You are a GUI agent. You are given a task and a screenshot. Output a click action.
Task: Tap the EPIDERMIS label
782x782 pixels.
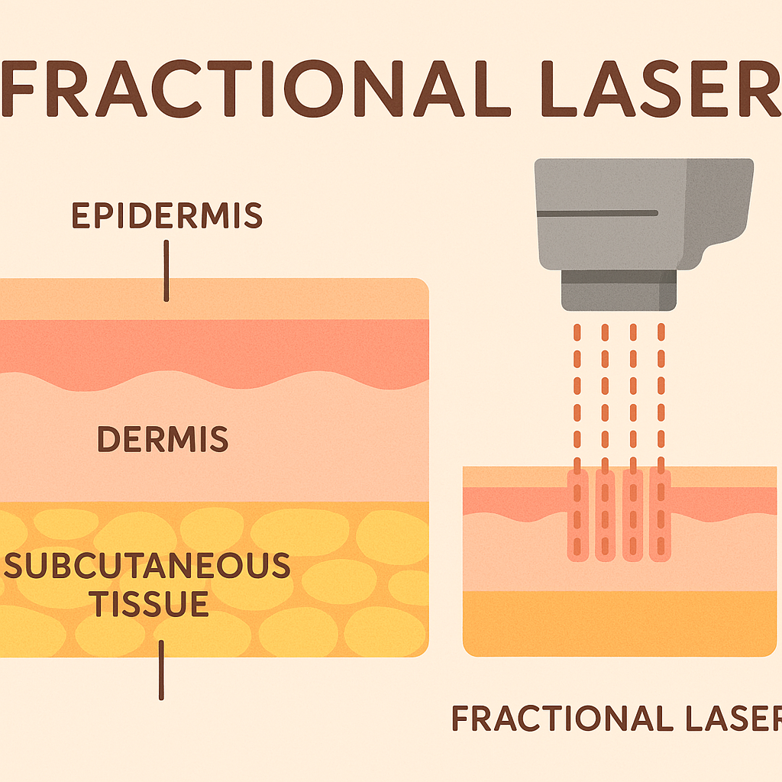pyautogui.click(x=167, y=217)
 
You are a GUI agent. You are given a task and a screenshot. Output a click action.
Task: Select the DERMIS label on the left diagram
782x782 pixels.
pyautogui.click(x=163, y=439)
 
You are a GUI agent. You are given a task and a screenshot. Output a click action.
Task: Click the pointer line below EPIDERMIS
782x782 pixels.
pyautogui.click(x=166, y=271)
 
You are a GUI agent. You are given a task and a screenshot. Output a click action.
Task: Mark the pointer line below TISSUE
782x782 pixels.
pyautogui.click(x=161, y=670)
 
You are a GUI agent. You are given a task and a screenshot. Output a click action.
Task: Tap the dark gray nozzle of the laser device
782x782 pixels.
pyautogui.click(x=619, y=290)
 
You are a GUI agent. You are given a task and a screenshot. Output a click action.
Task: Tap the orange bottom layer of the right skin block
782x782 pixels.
pyautogui.click(x=619, y=622)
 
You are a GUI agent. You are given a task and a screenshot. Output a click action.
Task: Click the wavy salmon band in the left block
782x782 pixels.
pyautogui.click(x=214, y=347)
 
